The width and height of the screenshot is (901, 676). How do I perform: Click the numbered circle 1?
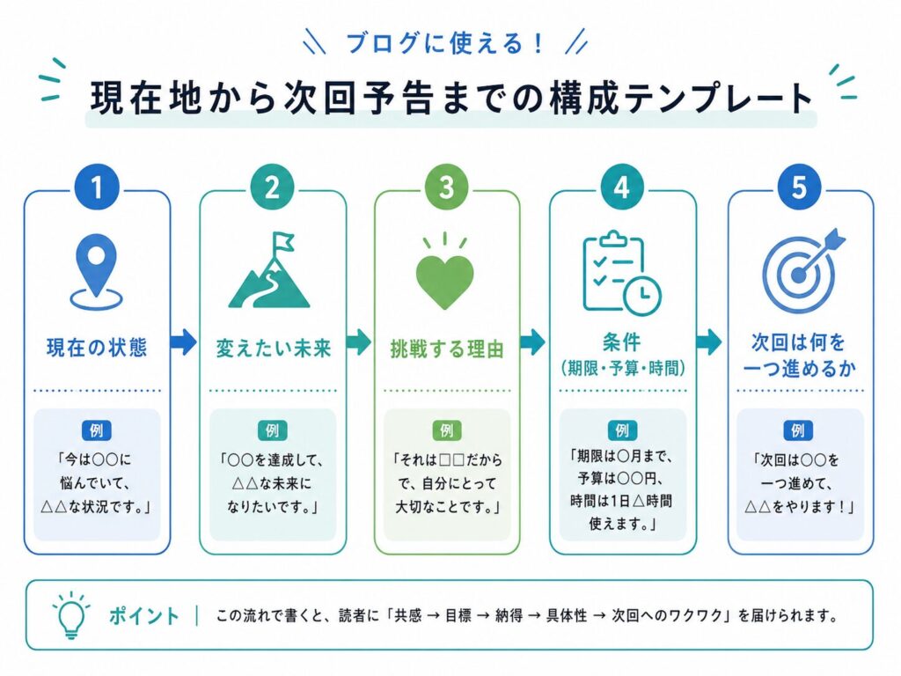tap(97, 187)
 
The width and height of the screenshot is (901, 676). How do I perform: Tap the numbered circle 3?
tap(446, 187)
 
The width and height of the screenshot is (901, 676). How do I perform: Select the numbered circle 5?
tap(799, 187)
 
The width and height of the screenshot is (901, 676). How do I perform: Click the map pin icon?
tap(97, 271)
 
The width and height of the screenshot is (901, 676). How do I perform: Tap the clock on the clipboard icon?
tap(642, 296)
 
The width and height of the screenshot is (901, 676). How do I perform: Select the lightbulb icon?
tap(71, 615)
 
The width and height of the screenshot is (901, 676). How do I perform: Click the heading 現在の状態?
tap(97, 348)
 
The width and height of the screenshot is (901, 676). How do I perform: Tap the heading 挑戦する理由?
tap(447, 349)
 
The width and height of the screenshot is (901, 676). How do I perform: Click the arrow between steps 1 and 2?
tap(184, 342)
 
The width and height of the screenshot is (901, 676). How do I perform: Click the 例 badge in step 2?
tap(273, 430)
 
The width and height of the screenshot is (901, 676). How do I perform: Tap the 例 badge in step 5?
tap(798, 430)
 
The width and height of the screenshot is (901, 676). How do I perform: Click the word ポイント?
tap(144, 615)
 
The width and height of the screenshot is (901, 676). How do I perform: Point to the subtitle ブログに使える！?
tap(444, 43)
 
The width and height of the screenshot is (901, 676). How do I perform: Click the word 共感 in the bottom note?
tap(408, 615)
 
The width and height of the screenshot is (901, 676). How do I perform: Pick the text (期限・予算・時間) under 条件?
tap(623, 368)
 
